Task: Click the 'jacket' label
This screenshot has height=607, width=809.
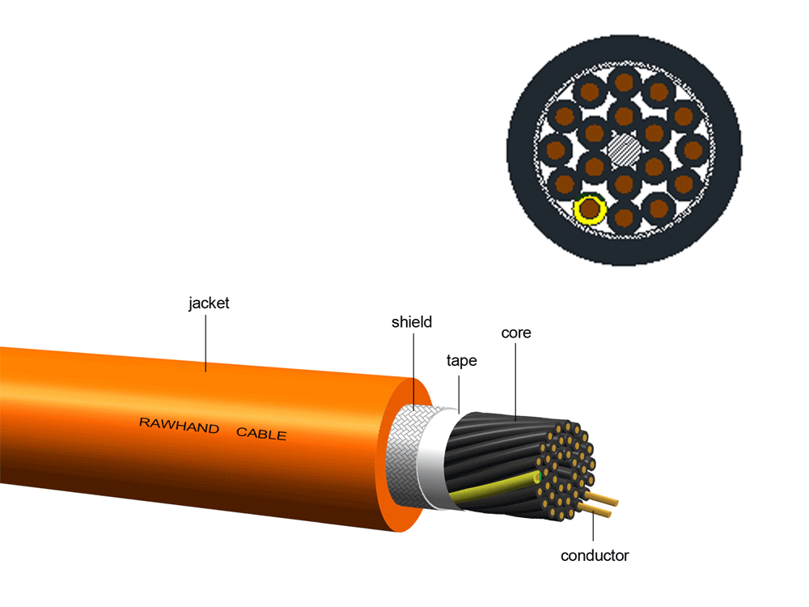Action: point(209,304)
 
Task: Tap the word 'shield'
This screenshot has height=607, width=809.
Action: point(412,322)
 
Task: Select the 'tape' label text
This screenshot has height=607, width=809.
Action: point(461,361)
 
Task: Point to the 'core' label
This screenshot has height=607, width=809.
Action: point(516,333)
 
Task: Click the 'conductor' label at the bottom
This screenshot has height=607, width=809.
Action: point(595,556)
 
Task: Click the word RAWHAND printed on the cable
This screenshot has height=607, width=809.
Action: point(179,427)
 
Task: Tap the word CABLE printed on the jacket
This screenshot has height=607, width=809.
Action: point(261,434)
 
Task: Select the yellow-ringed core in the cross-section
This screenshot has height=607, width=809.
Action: point(590,210)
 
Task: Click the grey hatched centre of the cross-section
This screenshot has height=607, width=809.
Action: point(624,148)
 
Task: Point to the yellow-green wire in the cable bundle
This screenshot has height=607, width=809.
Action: point(493,485)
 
